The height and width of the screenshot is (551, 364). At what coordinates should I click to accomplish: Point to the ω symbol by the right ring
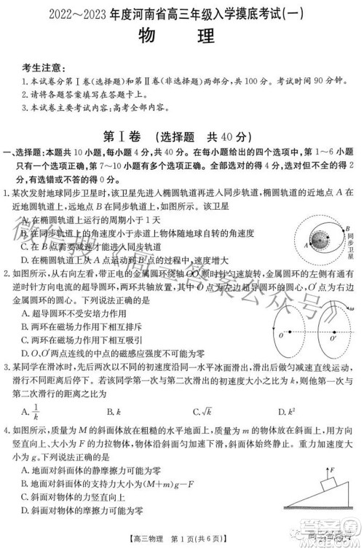351,309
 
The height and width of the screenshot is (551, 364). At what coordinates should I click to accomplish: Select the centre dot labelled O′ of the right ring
326,335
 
